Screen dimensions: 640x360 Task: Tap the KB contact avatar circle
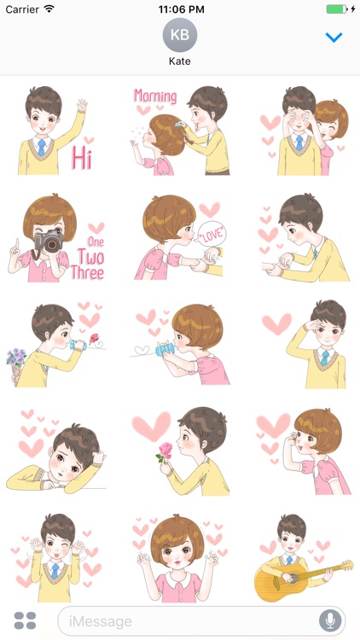pyautogui.click(x=180, y=36)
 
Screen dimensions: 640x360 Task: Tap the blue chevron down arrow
pyautogui.click(x=334, y=38)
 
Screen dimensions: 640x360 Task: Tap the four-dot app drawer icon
pyautogui.click(x=26, y=620)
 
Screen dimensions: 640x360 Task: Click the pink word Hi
pyautogui.click(x=82, y=158)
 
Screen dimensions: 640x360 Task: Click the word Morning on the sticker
pyautogui.click(x=154, y=96)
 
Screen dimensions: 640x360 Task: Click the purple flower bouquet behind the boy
pyautogui.click(x=16, y=357)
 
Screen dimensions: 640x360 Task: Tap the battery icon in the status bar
pyautogui.click(x=339, y=9)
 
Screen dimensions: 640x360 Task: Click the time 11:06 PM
pyautogui.click(x=180, y=9)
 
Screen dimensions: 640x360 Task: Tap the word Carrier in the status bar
pyautogui.click(x=21, y=9)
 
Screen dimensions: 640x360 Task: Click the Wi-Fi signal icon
pyautogui.click(x=49, y=9)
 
